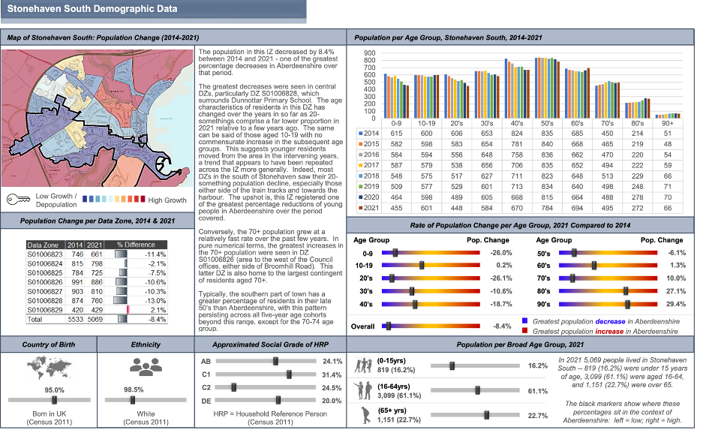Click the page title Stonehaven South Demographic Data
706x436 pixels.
pyautogui.click(x=93, y=10)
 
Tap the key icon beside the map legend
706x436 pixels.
pyautogui.click(x=17, y=200)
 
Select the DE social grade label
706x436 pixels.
pyautogui.click(x=206, y=401)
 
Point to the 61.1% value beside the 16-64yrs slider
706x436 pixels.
pyautogui.click(x=538, y=390)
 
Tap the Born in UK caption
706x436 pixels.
pyautogui.click(x=50, y=414)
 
